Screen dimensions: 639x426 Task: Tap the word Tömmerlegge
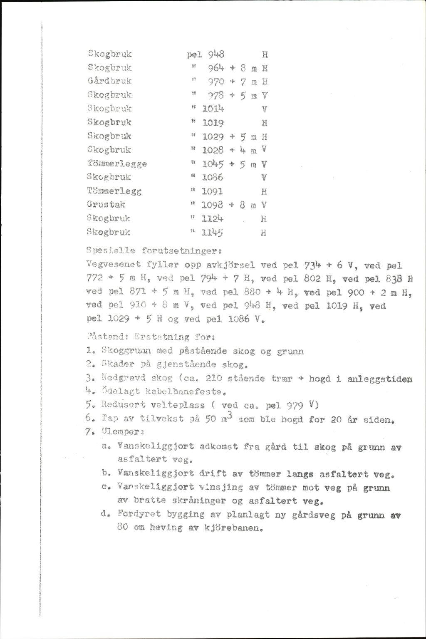(x=118, y=164)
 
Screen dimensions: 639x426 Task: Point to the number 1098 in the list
(x=213, y=205)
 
